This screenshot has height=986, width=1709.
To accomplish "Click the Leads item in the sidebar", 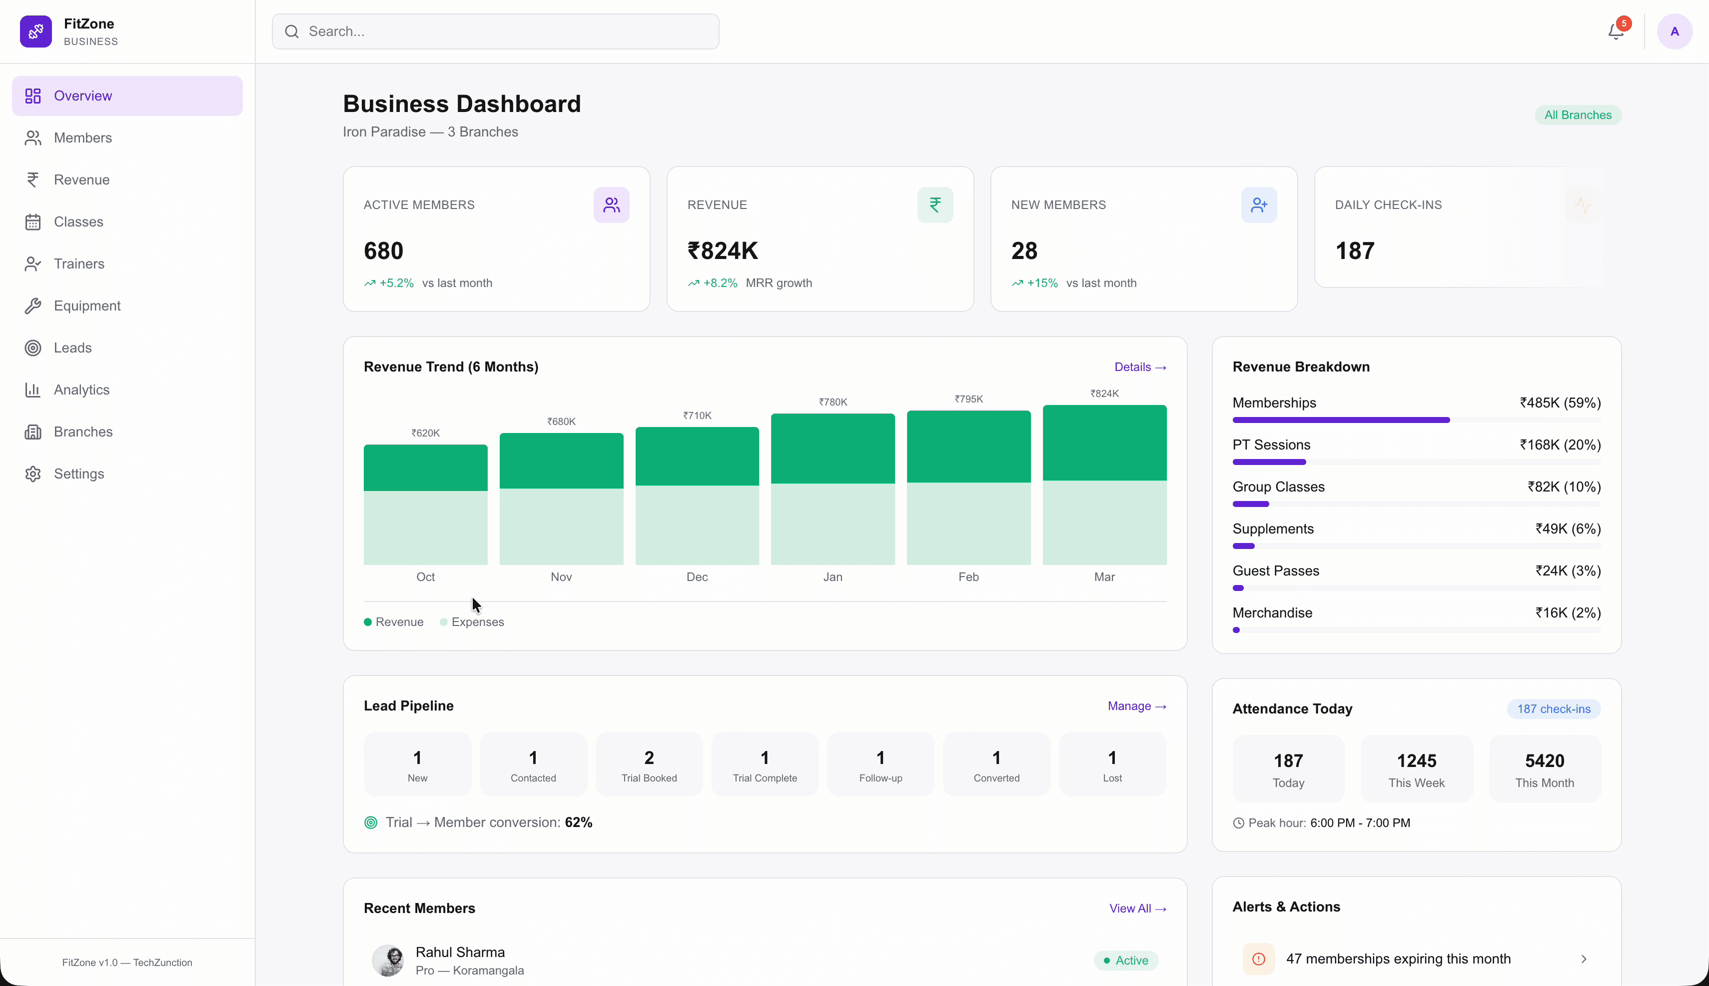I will (72, 347).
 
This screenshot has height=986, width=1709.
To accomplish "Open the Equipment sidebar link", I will (86, 305).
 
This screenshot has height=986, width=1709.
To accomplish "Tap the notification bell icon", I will (1616, 32).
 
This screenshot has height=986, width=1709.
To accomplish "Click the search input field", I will (495, 32).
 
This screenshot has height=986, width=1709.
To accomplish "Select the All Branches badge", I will (1577, 115).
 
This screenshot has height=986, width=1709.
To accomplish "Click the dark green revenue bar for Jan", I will (833, 448).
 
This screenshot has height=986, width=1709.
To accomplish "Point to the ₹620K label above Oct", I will (425, 432).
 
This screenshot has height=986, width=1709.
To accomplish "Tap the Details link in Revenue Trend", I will (1140, 367).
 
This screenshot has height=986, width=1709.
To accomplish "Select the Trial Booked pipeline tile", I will (649, 764).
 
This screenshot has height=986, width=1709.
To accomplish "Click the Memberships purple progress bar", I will (1340, 420).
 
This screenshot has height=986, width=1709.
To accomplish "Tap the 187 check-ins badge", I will (1553, 709).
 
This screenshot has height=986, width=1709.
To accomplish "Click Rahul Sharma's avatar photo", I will (388, 960).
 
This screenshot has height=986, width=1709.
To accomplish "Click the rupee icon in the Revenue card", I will (935, 204).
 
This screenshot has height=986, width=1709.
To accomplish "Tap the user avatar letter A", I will (1674, 32).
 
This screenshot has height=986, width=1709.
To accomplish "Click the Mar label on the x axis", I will (1104, 577).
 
